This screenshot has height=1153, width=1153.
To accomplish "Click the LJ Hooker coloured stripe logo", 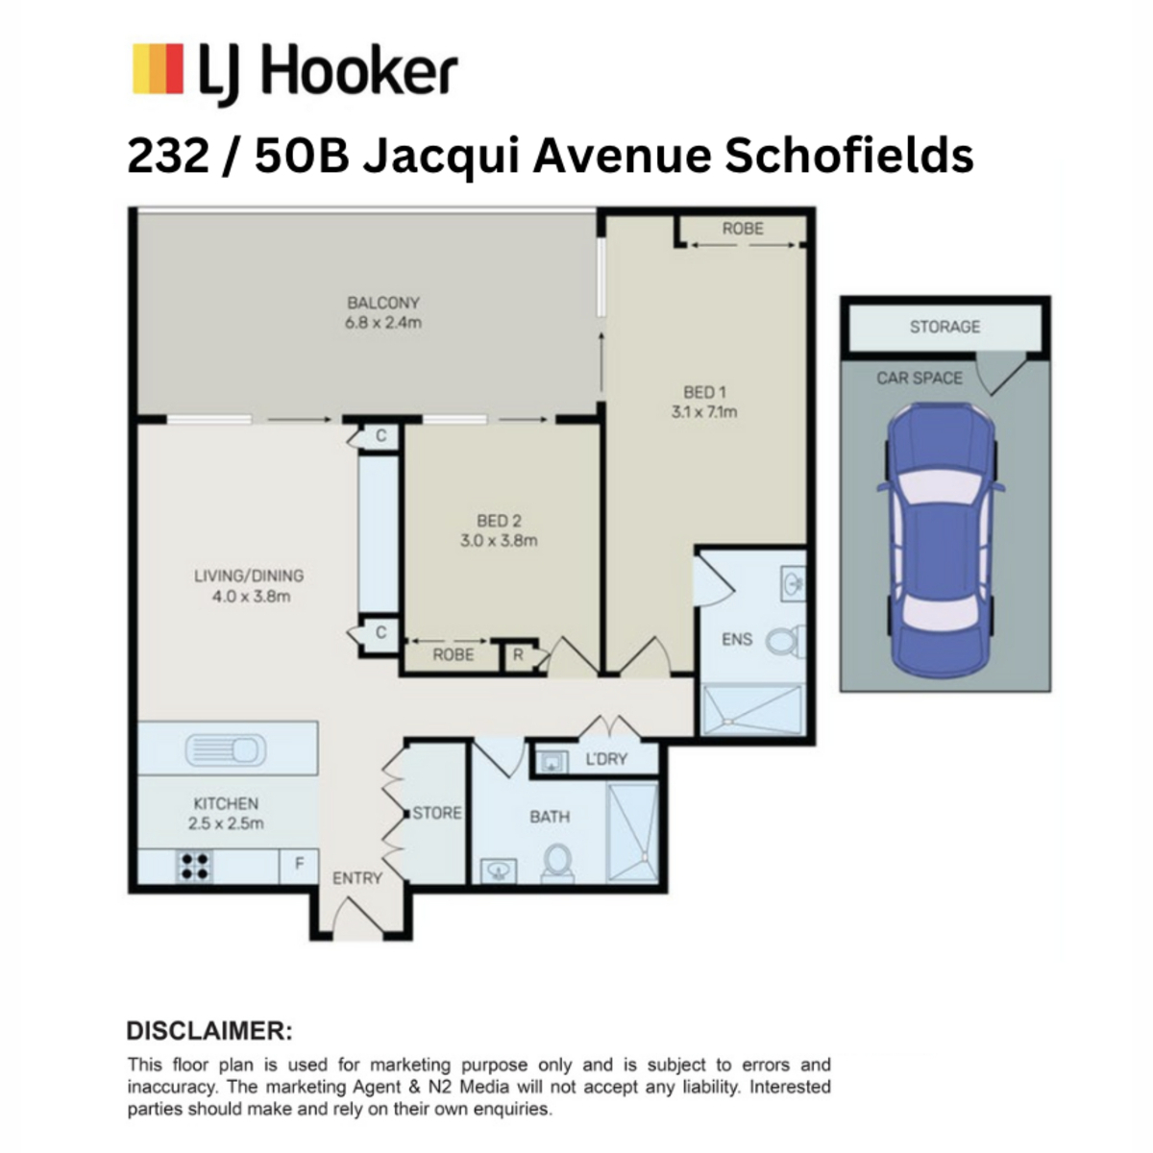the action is point(158,68).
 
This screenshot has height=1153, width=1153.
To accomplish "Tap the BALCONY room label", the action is point(383,303).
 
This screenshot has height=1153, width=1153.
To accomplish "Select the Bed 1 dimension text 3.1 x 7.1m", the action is point(703,411).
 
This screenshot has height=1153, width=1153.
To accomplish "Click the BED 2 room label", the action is point(499,521).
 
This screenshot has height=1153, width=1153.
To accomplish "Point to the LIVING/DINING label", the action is point(249,576).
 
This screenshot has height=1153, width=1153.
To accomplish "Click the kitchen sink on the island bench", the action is point(226,748).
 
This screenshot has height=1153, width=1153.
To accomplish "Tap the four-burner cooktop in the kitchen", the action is point(194,867).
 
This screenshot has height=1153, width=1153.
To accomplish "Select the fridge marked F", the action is point(299,865).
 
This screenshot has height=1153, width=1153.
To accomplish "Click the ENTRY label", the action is point(357,878).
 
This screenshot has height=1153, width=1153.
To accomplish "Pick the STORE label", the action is point(437,813).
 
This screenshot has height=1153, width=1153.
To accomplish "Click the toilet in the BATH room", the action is point(557,862).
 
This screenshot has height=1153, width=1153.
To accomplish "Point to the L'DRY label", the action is point(606,759).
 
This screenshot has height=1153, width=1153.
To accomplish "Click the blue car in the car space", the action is point(941,537).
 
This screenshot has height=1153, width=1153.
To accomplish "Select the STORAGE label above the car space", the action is point(944,327).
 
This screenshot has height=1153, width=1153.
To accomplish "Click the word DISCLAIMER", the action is point(209,1032).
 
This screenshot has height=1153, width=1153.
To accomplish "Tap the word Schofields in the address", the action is point(849,157).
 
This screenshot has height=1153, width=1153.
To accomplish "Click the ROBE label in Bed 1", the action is point(743,229).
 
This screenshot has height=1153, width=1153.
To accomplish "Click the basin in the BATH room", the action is point(498,870).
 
